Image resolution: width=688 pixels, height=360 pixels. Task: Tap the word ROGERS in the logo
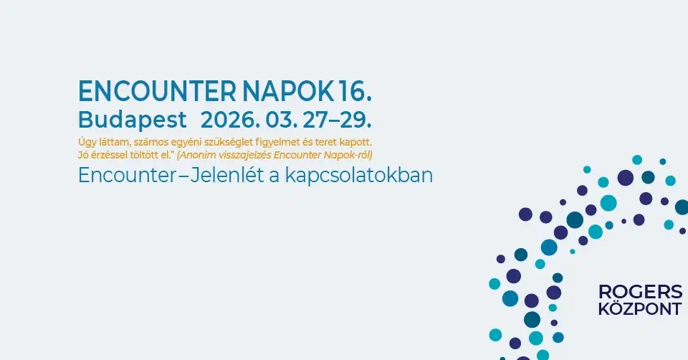(x=640, y=292)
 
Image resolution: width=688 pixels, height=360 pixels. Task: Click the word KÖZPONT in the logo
(x=640, y=310)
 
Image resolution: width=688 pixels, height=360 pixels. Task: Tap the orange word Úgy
(x=87, y=142)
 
